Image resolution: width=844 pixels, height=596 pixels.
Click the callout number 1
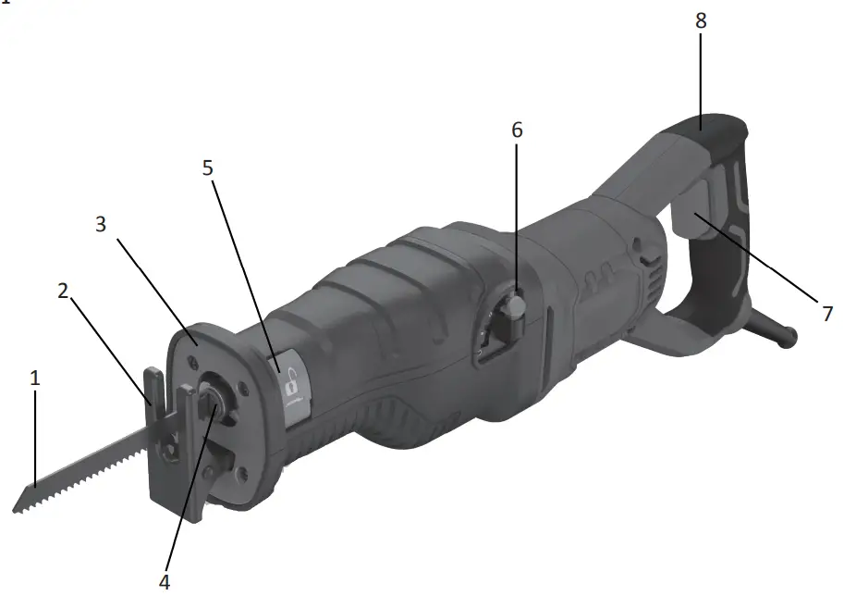point(35,379)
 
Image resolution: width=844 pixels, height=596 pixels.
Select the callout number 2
point(63,291)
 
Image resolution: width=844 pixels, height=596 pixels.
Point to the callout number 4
point(165,581)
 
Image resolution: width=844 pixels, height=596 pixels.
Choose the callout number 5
point(208,168)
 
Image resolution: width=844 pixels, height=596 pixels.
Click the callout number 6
point(517,130)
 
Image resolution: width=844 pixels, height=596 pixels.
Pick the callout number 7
point(826,314)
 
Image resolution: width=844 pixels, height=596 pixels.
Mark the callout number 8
point(701,20)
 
